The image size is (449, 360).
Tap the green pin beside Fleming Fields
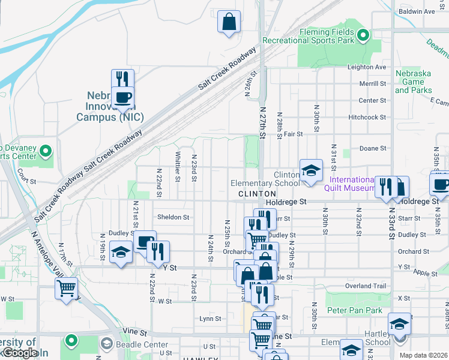pyautogui.click(x=363, y=36)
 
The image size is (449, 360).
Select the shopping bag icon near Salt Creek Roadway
pyautogui.click(x=229, y=23)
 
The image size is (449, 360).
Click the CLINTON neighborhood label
pyautogui.click(x=257, y=194)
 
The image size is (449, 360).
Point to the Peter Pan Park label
pyautogui.click(x=355, y=311)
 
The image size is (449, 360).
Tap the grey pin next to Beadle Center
pyautogui.click(x=107, y=344)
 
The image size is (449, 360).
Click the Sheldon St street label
pyautogui.click(x=173, y=217)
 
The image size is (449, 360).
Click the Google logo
pyautogui.click(x=19, y=353)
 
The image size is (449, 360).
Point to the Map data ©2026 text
pyautogui.click(x=423, y=355)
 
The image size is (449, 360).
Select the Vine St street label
pyautogui.click(x=135, y=331)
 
